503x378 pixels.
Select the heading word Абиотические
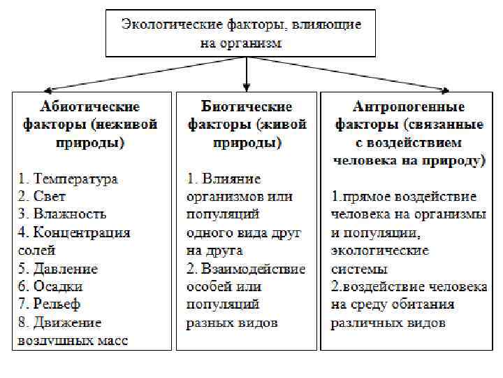click(x=89, y=107)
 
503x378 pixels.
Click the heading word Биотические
click(x=246, y=107)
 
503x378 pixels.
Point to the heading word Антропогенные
click(x=409, y=107)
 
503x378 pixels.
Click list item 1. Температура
click(x=68, y=178)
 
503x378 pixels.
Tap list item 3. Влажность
click(x=62, y=214)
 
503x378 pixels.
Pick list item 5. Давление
click(x=58, y=269)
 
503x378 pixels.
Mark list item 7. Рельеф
click(x=50, y=304)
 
